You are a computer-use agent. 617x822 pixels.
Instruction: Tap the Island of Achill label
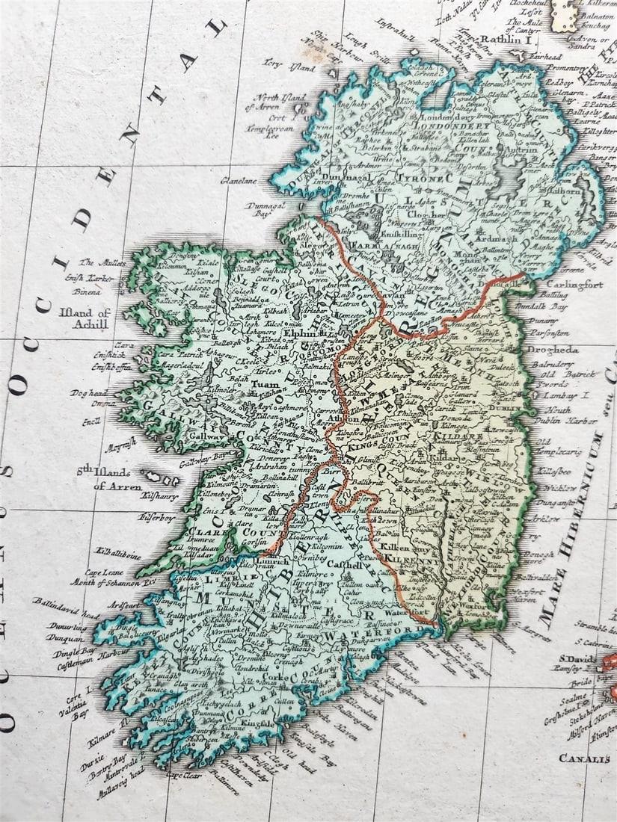pyautogui.click(x=83, y=318)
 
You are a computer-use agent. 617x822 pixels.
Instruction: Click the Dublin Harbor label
pyautogui.click(x=571, y=420)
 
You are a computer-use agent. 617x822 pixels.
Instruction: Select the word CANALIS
pyautogui.click(x=584, y=758)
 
